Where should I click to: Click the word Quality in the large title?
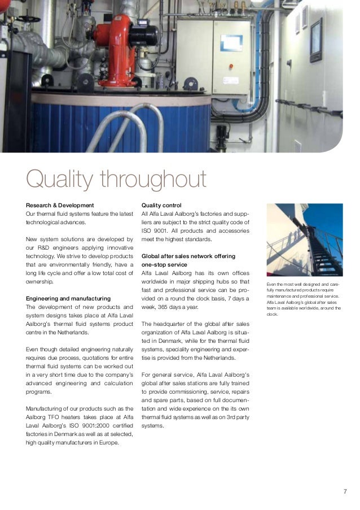click(x=59, y=181)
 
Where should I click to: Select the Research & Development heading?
click(x=60, y=204)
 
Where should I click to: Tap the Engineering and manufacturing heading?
click(x=68, y=298)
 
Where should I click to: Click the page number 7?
click(x=345, y=490)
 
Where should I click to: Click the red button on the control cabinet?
click(x=230, y=66)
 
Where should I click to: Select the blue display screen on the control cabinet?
click(x=231, y=42)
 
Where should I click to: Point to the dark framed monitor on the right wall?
click(x=316, y=40)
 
